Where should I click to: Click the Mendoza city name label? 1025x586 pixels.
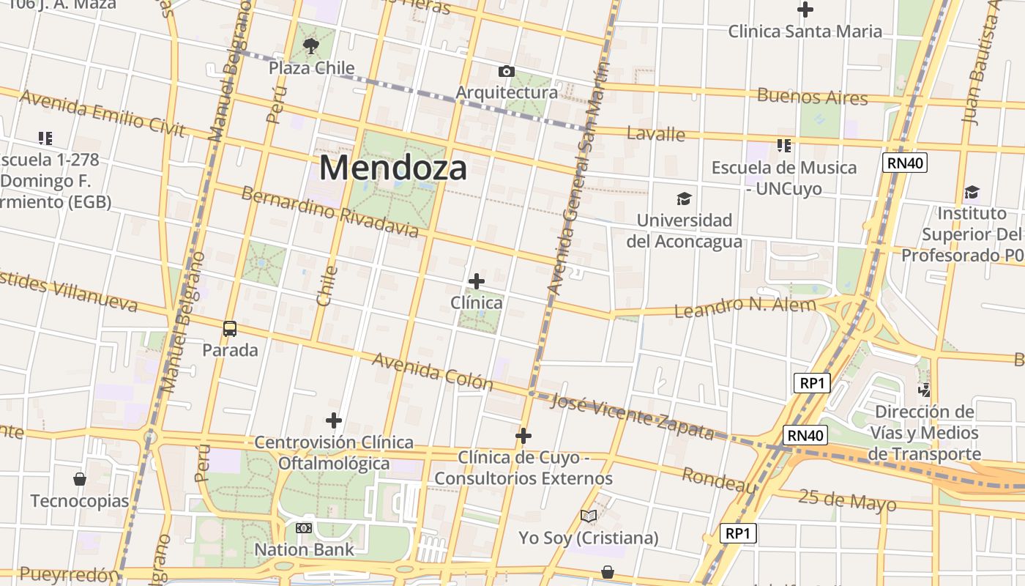coord(393,168)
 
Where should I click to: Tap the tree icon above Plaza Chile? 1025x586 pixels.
coord(311,47)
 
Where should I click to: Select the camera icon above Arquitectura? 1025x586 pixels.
coord(506,71)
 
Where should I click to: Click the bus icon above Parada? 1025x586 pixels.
coord(230,329)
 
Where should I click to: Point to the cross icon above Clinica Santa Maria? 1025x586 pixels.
coord(805,10)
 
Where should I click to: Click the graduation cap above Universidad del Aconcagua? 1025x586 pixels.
coord(684,199)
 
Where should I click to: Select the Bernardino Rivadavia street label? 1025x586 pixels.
coord(329,212)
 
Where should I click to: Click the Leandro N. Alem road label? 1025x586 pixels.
coord(745,308)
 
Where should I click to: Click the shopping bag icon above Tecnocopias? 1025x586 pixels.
coord(80,480)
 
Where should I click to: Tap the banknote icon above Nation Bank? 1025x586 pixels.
coord(304,528)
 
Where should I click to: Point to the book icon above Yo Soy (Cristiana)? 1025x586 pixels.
coord(589,516)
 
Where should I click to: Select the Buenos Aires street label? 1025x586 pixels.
coord(812,97)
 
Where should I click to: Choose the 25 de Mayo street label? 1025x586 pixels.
coord(846,501)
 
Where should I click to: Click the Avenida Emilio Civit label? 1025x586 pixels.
coord(102,113)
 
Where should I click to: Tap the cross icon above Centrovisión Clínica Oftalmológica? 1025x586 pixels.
coord(334,420)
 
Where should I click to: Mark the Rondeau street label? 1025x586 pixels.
coord(719,481)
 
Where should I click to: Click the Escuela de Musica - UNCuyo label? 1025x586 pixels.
coord(784,178)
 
